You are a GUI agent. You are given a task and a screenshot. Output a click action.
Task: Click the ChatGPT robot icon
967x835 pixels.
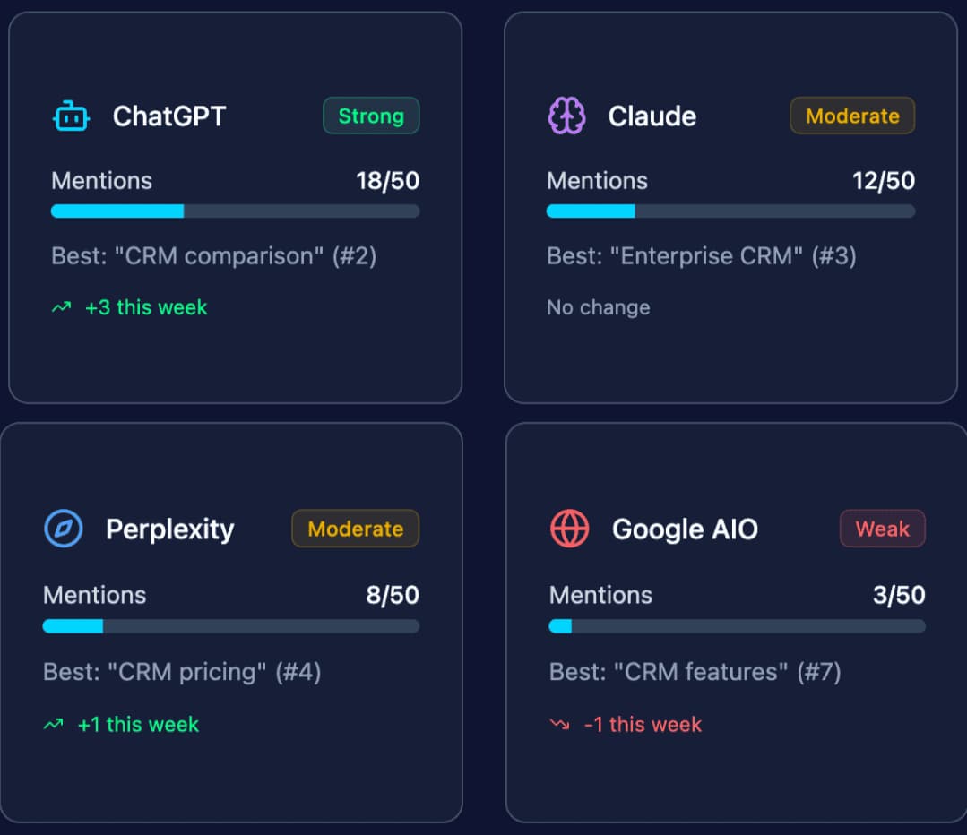coord(71,116)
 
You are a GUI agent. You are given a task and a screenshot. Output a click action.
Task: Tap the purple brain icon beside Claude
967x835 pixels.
coord(566,116)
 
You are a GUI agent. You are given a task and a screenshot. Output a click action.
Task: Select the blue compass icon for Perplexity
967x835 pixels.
coord(64,529)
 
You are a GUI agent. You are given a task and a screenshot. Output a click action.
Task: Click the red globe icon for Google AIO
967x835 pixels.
coord(569,529)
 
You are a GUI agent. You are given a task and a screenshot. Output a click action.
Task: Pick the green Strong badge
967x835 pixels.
coord(371,116)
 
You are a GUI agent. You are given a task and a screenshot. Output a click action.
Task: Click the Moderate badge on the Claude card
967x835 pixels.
coord(851,116)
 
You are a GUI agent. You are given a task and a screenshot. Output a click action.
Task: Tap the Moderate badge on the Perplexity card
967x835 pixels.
coord(355,529)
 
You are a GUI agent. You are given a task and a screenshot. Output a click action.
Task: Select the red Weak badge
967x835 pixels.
coord(882,529)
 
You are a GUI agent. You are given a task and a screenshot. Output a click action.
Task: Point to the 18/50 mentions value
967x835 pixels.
coord(387,181)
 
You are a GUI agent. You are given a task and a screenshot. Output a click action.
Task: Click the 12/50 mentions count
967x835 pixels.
coord(883,181)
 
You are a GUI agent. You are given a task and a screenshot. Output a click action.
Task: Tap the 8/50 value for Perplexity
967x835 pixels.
coord(393,595)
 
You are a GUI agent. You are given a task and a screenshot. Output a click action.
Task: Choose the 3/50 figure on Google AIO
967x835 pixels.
coord(898,595)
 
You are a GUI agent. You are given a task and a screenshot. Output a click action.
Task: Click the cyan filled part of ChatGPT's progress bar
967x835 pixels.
coord(117,211)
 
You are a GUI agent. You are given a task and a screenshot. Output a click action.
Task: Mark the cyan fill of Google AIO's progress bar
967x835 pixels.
coord(560,626)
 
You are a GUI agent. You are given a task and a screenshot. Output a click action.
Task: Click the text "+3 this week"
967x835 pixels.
coord(146,307)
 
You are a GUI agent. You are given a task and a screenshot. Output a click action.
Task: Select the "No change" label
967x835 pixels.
coord(598,307)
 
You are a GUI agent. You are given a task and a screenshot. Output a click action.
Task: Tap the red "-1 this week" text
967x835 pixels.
coord(642,724)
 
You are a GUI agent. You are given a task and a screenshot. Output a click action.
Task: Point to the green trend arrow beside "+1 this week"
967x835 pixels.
coord(54,724)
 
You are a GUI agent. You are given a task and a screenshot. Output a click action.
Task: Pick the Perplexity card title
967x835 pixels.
coord(169,529)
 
